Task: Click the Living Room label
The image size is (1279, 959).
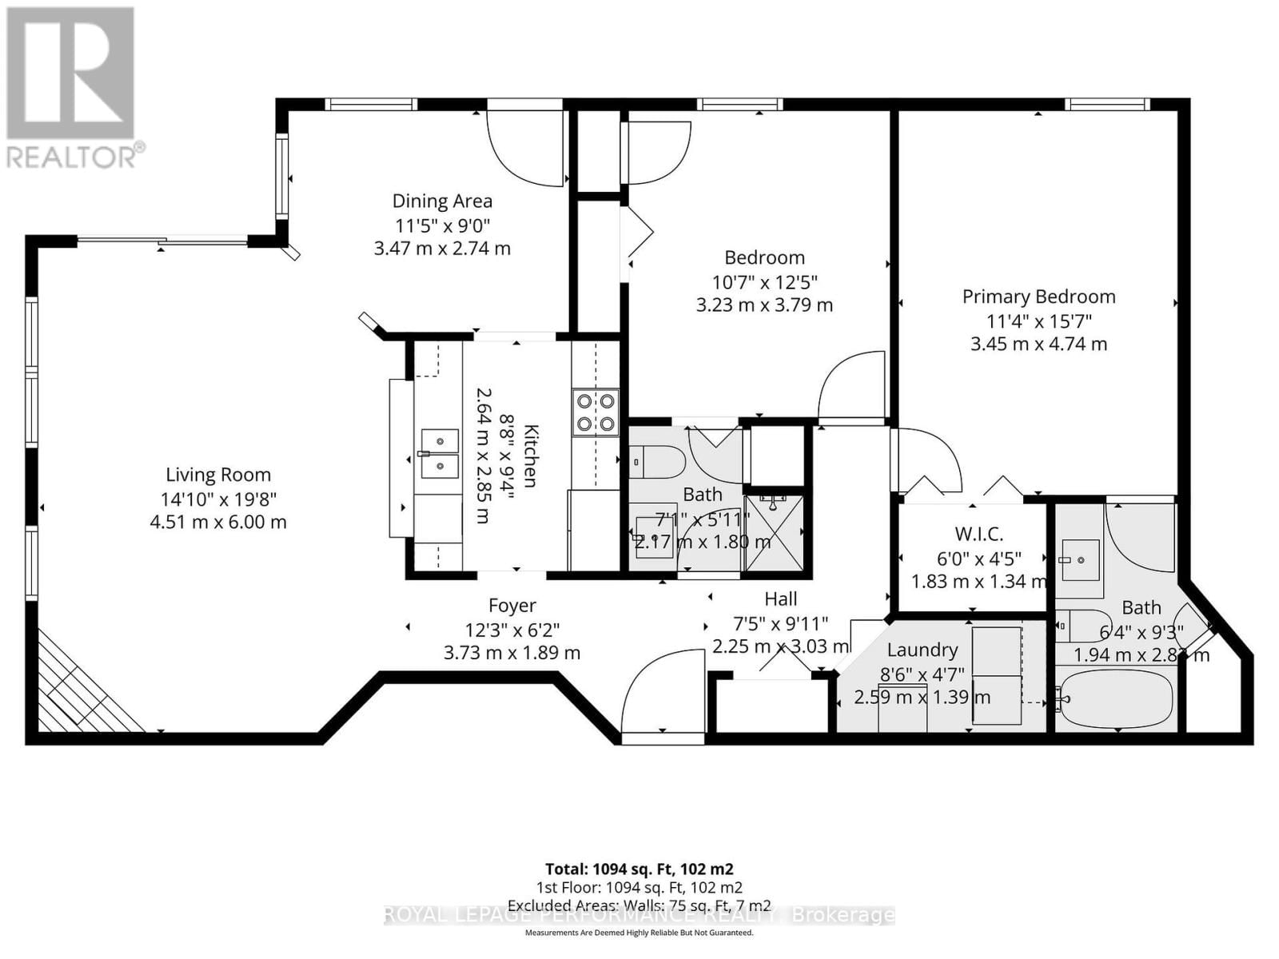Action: (217, 475)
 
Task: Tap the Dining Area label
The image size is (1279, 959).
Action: (441, 201)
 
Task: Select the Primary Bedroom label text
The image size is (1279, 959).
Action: (1038, 296)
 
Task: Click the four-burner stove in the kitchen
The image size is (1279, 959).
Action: (596, 412)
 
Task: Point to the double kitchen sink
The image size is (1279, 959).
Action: (440, 453)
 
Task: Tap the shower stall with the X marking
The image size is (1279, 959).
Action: (773, 533)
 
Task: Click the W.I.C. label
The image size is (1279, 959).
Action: (978, 534)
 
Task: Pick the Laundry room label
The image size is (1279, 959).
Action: (922, 650)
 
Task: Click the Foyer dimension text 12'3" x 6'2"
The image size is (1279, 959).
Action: (512, 630)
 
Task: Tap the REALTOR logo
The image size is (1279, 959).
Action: (71, 88)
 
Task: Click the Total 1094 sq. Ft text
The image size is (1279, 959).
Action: (639, 869)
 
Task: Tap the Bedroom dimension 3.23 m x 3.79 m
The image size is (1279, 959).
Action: (764, 305)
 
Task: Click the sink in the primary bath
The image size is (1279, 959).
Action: (1080, 559)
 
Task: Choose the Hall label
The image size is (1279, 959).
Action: (780, 599)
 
